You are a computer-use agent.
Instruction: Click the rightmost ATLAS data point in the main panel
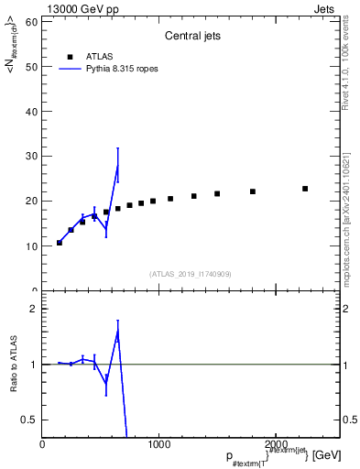tap(305, 189)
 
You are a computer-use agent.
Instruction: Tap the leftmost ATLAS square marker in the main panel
tap(60, 243)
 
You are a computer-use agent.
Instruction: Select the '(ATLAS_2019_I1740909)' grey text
tap(191, 274)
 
